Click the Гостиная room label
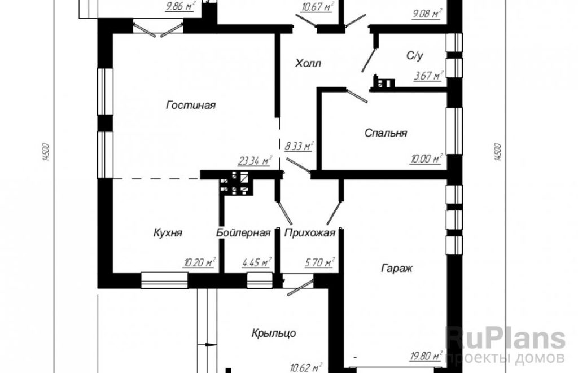tap(191, 106)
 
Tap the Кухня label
tap(168, 233)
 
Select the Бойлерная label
tap(243, 233)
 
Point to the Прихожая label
tap(310, 233)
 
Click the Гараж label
tap(397, 269)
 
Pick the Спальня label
tap(386, 133)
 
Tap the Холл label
tap(308, 63)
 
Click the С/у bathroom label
tap(415, 56)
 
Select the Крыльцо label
tap(274, 333)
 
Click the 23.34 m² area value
tap(255, 161)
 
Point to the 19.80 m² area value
tap(426, 356)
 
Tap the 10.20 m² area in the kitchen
tap(199, 263)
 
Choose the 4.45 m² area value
tap(257, 263)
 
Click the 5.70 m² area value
tap(319, 263)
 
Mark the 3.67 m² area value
tap(428, 76)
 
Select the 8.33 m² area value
tap(299, 146)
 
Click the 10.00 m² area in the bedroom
tap(426, 159)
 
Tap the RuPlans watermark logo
tap(505, 339)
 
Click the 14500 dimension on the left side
tap(46, 152)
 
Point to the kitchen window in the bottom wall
tap(164, 280)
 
